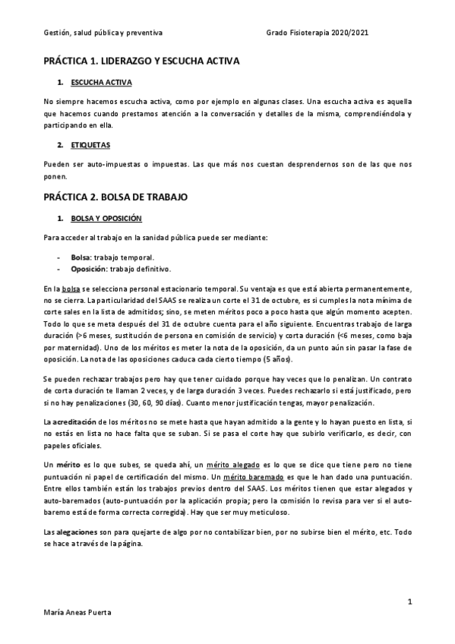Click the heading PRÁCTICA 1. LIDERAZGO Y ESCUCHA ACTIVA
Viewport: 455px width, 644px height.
coord(141,59)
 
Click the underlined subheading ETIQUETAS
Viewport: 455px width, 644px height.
coord(90,144)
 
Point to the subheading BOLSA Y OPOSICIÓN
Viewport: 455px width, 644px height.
coord(106,218)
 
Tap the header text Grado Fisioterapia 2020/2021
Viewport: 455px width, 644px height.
coord(318,33)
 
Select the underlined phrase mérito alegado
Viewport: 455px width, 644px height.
coord(239,464)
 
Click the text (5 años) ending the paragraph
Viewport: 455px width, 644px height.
coord(283,358)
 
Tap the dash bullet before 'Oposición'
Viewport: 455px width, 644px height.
coord(58,268)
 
